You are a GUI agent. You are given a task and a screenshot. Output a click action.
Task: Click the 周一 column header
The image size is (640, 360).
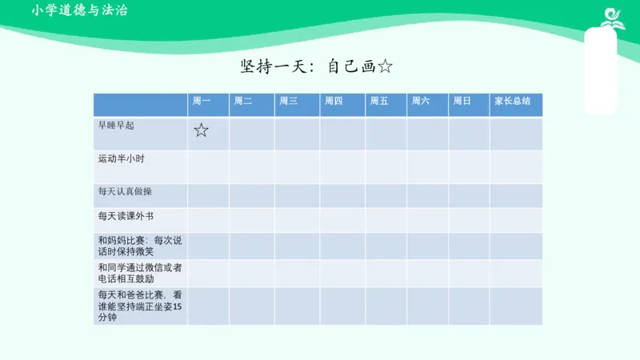tap(201, 102)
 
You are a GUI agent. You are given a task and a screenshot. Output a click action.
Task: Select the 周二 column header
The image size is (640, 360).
tap(242, 102)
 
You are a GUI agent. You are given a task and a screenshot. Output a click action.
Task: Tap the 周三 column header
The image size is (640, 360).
tap(288, 102)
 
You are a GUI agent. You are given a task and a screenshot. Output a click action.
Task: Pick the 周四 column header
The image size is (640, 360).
tap(334, 102)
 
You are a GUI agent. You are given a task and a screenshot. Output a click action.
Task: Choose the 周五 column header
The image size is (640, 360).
tap(379, 102)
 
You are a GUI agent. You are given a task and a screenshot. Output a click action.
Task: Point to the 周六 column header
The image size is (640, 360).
tap(421, 102)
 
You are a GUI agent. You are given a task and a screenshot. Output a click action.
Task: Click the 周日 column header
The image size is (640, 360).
tap(462, 102)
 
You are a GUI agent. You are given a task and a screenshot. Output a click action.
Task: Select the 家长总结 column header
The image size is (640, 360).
tap(512, 102)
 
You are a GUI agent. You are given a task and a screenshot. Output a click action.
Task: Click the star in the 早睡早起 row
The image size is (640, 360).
tap(201, 130)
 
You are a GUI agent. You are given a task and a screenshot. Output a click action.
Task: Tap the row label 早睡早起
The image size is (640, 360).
tap(116, 126)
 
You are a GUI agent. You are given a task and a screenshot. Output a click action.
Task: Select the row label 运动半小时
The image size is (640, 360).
tap(121, 158)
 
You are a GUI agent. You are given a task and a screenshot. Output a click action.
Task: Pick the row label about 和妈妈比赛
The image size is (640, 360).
tap(139, 246)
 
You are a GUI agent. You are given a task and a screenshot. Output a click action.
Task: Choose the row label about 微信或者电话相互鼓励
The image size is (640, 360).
tap(139, 272)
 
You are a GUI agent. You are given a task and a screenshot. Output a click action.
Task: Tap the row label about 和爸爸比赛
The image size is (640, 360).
tap(139, 306)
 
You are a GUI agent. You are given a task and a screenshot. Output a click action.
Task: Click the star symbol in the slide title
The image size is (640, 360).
tap(384, 66)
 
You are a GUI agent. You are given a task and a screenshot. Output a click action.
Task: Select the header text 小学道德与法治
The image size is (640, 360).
tap(80, 11)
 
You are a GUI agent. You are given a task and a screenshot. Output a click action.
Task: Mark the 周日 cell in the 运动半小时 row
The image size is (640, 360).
tap(469, 166)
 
